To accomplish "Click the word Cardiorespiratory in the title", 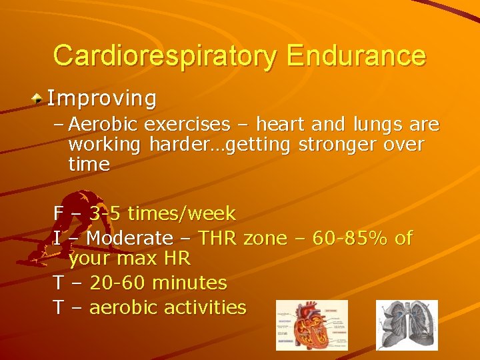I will pos(164,56).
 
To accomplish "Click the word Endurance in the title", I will pos(356,56).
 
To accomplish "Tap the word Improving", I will pos(102,99).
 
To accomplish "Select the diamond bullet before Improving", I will pos(39,99).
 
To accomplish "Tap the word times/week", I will pos(181,213).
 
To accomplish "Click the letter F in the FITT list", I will pos(59,213).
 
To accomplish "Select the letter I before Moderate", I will pos(57,237).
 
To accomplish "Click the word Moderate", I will pos(130,237).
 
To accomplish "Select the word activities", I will pos(205,307).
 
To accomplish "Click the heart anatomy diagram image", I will pos(311,325).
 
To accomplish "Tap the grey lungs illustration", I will pos(407,325).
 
